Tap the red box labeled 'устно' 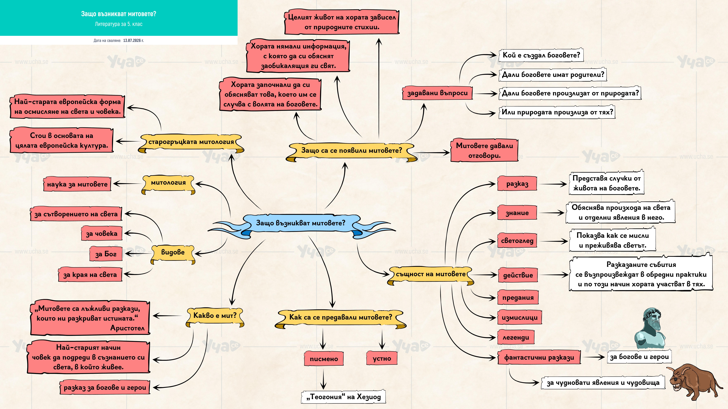point(382,359)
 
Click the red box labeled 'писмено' point(324,359)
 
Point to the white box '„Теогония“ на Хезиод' point(344,397)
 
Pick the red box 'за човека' point(102,233)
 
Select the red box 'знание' point(517,213)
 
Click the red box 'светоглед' point(517,240)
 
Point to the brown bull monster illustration point(695,382)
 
